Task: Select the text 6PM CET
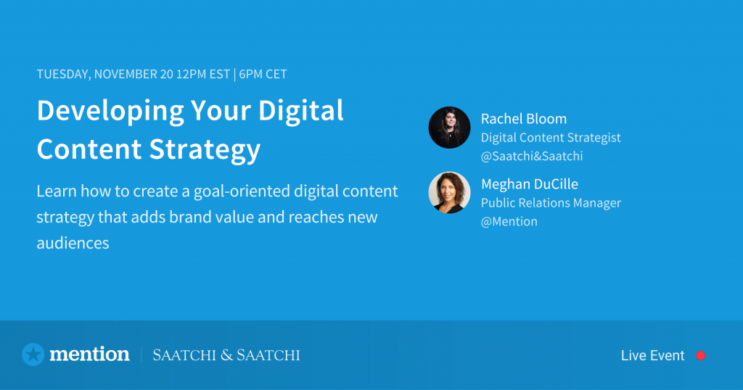coord(263,75)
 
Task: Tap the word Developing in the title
coord(110,112)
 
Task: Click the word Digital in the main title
coord(301,112)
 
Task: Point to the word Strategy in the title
coord(205,150)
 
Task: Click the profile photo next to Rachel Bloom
coord(449,128)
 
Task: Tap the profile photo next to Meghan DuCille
coord(449,192)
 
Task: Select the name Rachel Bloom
coord(524,119)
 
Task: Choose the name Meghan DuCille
coord(529,184)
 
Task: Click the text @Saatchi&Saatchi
coord(532,156)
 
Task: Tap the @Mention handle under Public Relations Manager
coord(509,222)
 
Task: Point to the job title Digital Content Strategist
coord(551,138)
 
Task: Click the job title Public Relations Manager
coord(551,203)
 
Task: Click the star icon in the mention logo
coord(33,354)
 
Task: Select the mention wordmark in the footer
coord(89,354)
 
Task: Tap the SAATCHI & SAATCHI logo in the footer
coord(226,355)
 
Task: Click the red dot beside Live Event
coord(700,355)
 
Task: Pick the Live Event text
coord(652,355)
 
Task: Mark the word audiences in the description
coord(73,244)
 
